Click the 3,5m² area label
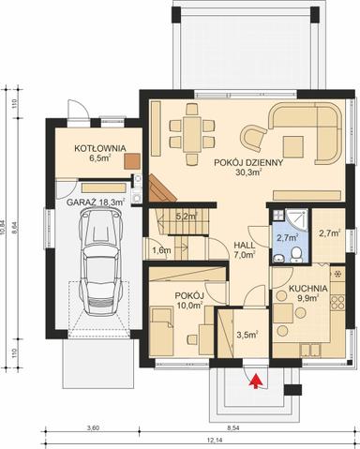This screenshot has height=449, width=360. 247,334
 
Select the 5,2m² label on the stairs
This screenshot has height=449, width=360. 185,217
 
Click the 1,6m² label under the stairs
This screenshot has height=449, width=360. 160,250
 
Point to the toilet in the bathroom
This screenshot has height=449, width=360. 294,253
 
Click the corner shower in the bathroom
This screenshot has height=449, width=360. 298,217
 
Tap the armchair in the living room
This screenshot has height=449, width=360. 252,138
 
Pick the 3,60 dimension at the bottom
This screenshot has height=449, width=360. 92,428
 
